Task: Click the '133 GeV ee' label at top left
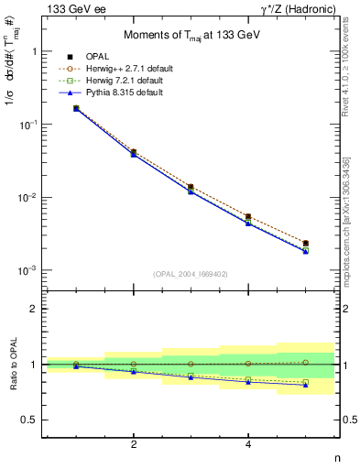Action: click(x=73, y=9)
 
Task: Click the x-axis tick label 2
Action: click(x=134, y=445)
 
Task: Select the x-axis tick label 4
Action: click(x=248, y=445)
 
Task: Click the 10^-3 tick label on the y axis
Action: click(x=28, y=271)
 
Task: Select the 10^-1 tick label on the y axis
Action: click(x=28, y=125)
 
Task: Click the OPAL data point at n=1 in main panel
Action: click(x=76, y=108)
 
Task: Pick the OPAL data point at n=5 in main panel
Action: click(x=305, y=244)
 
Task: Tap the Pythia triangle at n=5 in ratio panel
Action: click(x=305, y=385)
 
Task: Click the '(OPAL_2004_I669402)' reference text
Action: click(x=191, y=272)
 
